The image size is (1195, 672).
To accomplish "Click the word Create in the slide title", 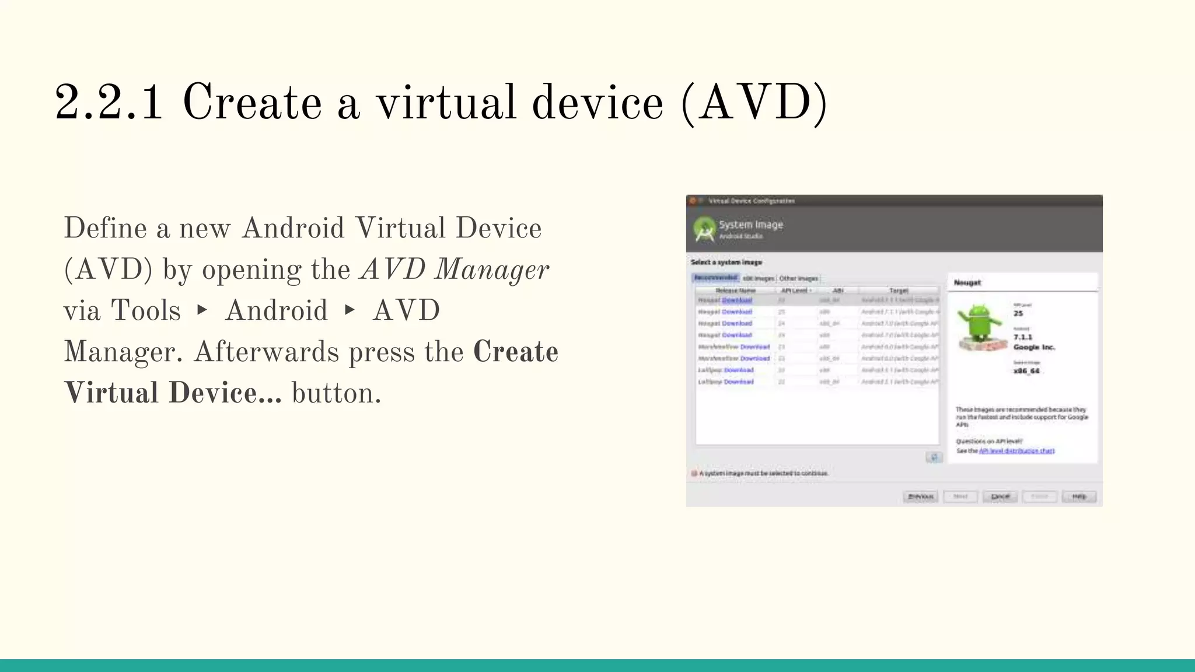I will (252, 103).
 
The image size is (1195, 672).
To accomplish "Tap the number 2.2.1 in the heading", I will (109, 103).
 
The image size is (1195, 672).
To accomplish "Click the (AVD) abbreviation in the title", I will (754, 103).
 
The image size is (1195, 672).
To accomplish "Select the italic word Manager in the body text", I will (491, 269).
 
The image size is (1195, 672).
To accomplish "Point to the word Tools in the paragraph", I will (145, 310).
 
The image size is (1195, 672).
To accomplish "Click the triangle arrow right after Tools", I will (202, 310).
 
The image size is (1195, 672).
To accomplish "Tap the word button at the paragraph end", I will (336, 393).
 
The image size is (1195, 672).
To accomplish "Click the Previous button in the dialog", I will (920, 496).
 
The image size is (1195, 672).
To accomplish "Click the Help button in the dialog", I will (1079, 496).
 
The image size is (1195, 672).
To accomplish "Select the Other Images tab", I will (798, 278).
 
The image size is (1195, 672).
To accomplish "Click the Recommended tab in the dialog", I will (716, 278).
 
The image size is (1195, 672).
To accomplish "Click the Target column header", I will (899, 290).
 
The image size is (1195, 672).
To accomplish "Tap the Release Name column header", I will (735, 290).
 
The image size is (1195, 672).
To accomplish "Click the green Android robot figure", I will (981, 324).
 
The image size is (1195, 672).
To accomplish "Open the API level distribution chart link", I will (1016, 451).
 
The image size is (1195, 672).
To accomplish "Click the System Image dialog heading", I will (750, 225).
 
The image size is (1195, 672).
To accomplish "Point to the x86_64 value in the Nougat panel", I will (1026, 371).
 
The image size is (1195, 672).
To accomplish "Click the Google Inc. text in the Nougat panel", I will (1034, 347).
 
